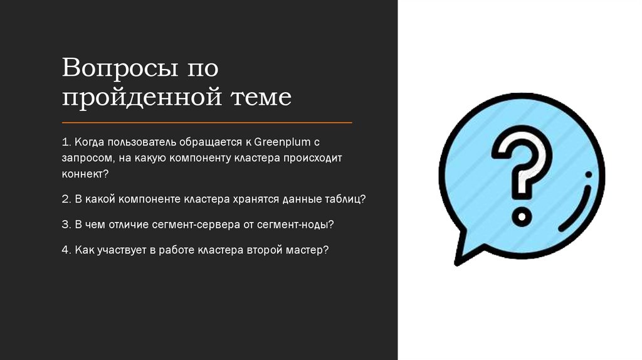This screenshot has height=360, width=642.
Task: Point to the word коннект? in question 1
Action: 85,172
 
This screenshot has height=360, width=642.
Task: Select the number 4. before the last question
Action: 66,250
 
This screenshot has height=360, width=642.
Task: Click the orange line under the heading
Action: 207,122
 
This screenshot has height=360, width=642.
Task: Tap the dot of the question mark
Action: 522,217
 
